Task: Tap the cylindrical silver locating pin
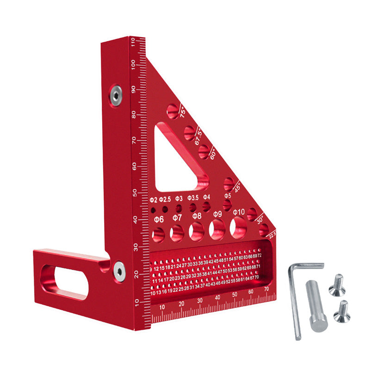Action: [316, 306]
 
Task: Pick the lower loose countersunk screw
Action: [342, 311]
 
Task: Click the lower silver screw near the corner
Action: [119, 270]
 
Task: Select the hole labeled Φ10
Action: [239, 228]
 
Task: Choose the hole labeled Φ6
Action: [159, 235]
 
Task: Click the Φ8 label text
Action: [197, 216]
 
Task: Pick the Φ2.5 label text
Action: [165, 200]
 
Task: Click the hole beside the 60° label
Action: [203, 152]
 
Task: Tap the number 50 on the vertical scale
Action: [134, 192]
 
